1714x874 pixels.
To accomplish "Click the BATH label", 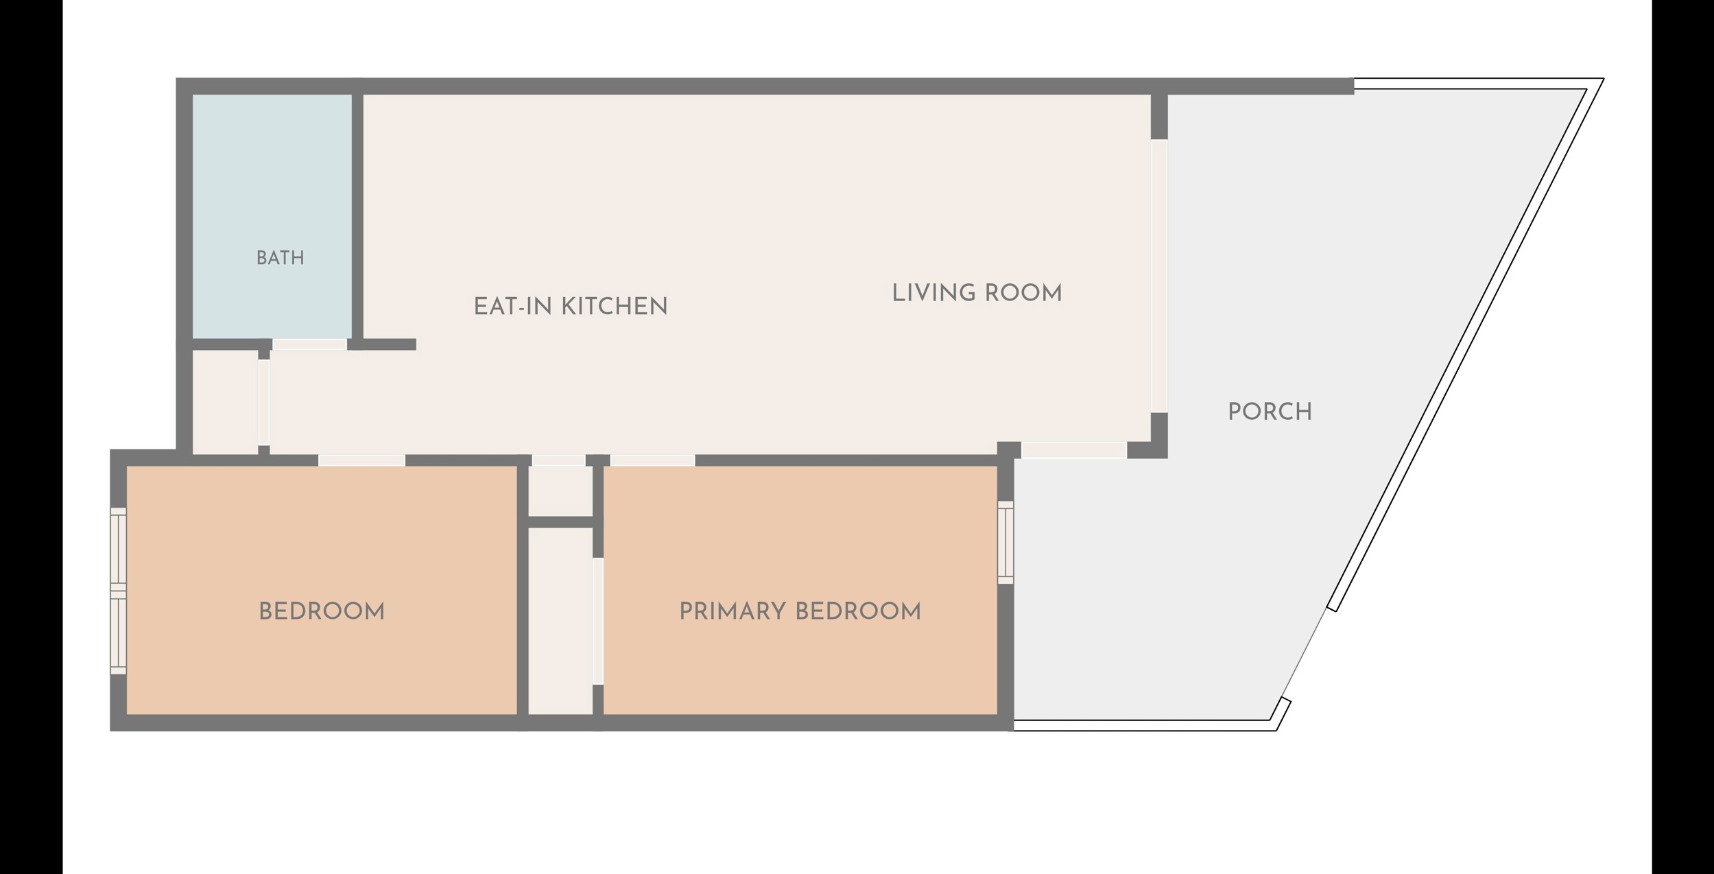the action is coord(280,258).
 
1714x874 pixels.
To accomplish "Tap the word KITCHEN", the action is coord(615,307).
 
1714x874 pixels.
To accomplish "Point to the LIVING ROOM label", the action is coord(977,294).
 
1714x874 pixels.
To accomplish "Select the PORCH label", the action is coord(1270,412).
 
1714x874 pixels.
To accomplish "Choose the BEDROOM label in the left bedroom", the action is coord(322,611).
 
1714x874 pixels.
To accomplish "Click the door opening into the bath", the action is coord(309,344).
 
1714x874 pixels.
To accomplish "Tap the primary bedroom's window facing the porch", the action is coord(1005,542).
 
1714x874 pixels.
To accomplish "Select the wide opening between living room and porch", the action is coord(1158,276).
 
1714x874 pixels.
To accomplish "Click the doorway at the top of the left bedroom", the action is coord(361,460).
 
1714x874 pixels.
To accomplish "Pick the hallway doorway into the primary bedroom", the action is coord(652,460).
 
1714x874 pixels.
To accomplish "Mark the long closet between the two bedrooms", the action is coord(560,621).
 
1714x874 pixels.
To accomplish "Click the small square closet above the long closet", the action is coord(560,491).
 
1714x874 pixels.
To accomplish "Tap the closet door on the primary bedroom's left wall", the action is coord(598,621).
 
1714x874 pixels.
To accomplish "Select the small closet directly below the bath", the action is coord(225,402).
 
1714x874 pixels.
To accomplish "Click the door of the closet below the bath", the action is coord(263,402).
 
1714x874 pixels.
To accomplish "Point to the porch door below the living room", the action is coord(1074,450).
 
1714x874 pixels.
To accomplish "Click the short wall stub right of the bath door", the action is coord(382,344).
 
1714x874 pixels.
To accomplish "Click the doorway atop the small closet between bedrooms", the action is coord(558,460).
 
